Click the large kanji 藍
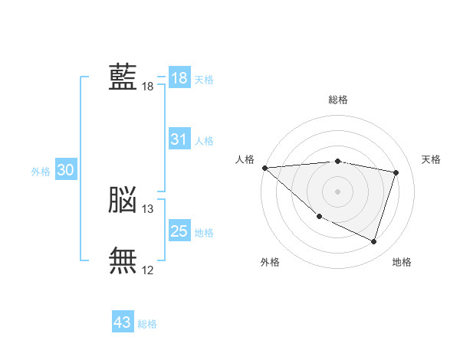(x=123, y=77)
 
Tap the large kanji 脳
(x=123, y=199)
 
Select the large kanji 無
(x=123, y=260)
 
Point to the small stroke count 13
(x=147, y=209)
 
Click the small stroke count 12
(x=147, y=270)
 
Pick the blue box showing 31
(x=179, y=139)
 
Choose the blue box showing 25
(x=179, y=230)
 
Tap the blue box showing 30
(x=66, y=169)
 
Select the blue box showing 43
(x=123, y=321)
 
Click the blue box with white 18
(x=179, y=77)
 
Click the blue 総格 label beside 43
(x=147, y=324)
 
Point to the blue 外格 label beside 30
(x=41, y=172)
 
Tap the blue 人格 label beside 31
(x=204, y=141)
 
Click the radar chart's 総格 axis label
(x=338, y=100)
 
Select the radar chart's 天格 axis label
(x=431, y=159)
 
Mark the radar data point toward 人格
(x=265, y=168)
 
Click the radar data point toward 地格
(x=373, y=241)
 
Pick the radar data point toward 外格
(x=320, y=217)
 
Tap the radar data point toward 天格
(x=396, y=172)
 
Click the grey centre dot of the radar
(x=337, y=191)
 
